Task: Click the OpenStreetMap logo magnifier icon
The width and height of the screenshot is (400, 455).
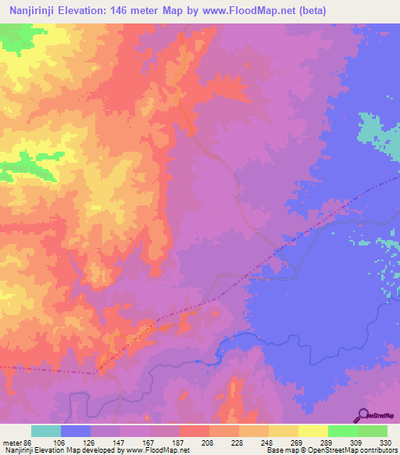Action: coord(365,417)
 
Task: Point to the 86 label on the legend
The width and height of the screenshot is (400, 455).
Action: coord(31,442)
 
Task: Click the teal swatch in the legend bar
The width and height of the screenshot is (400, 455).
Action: coord(46,431)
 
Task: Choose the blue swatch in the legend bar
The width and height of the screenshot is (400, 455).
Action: coord(76,431)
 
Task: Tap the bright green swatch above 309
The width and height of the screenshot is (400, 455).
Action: coord(343,431)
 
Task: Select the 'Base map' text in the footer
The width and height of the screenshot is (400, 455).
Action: coord(279,450)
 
